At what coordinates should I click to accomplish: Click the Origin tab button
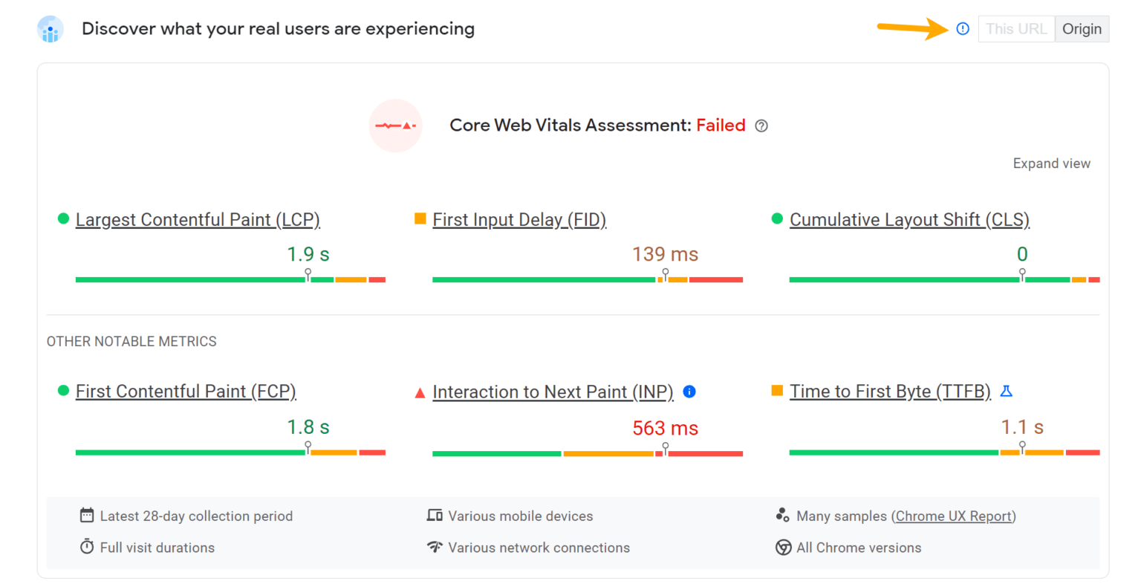[x=1082, y=29]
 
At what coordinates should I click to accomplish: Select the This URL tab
[x=1016, y=29]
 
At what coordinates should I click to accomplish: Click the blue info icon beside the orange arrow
[x=963, y=29]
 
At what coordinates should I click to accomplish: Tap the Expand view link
[x=1051, y=163]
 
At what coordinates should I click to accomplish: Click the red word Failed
[x=721, y=126]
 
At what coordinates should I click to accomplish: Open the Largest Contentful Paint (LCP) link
[x=198, y=220]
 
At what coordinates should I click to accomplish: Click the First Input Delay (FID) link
[x=519, y=220]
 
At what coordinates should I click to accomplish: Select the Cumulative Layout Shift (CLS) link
[x=909, y=220]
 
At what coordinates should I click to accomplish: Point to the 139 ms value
[x=665, y=254]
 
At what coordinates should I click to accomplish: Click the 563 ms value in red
[x=665, y=428]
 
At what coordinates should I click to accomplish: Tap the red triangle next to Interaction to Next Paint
[x=420, y=392]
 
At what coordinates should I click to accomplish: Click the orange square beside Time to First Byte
[x=777, y=391]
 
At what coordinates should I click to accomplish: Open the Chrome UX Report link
[x=954, y=516]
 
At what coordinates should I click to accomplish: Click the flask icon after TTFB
[x=1007, y=391]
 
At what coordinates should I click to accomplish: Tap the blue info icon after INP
[x=689, y=392]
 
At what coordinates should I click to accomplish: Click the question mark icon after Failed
[x=761, y=126]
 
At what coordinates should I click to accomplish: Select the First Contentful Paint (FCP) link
[x=186, y=392]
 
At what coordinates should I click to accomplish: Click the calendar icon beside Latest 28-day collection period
[x=87, y=516]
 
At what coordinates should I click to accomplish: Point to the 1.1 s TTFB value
[x=1022, y=427]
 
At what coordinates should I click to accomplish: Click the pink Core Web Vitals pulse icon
[x=395, y=126]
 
